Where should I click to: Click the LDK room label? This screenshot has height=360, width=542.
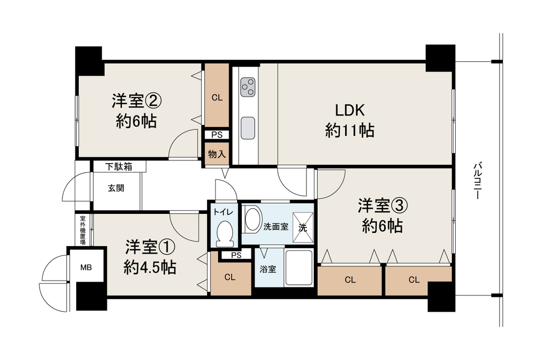[x=349, y=110]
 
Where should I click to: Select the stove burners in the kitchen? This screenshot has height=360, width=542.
[x=248, y=87]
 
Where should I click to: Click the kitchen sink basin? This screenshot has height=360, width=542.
[x=248, y=128]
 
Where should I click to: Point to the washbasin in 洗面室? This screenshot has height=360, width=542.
[x=253, y=219]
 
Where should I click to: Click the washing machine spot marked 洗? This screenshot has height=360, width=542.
[x=303, y=227]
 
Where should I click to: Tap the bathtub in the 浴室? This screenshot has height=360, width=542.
[x=299, y=268]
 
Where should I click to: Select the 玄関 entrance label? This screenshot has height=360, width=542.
[x=116, y=188]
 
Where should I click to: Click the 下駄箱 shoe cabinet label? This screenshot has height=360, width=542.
[x=119, y=166]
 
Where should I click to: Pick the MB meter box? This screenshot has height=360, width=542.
[x=86, y=267]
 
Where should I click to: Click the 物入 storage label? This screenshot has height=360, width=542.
[x=216, y=154]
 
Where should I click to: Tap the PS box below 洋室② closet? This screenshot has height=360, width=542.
[x=216, y=134]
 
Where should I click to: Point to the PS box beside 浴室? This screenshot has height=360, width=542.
[x=237, y=256]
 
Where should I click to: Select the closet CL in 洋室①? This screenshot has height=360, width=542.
[x=230, y=277]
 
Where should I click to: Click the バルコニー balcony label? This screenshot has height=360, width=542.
[x=478, y=181]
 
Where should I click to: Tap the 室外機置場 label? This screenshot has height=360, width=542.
[x=83, y=230]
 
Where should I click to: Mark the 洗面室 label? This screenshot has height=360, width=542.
[x=276, y=227]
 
